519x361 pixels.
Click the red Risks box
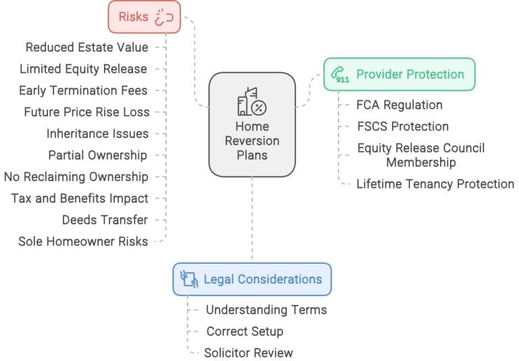coord(145,17)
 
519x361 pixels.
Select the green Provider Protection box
coord(399,74)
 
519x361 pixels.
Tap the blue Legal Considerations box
coord(252,279)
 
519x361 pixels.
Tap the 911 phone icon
coord(341,75)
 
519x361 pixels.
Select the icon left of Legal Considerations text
coord(189,279)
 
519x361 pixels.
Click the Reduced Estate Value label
coord(86,47)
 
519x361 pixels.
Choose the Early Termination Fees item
coord(83,90)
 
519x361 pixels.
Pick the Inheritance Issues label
coord(97,133)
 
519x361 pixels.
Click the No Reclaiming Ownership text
coord(76,176)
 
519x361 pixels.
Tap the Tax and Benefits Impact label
coord(79,198)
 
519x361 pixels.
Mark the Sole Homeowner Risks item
coord(83,241)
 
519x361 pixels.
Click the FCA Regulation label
coord(399,105)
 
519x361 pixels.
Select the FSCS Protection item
coord(403,126)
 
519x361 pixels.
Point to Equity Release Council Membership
coord(421,155)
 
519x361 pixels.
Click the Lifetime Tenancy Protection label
coord(435,184)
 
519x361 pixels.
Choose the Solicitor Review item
coord(249,352)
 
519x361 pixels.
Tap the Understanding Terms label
coord(266,310)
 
